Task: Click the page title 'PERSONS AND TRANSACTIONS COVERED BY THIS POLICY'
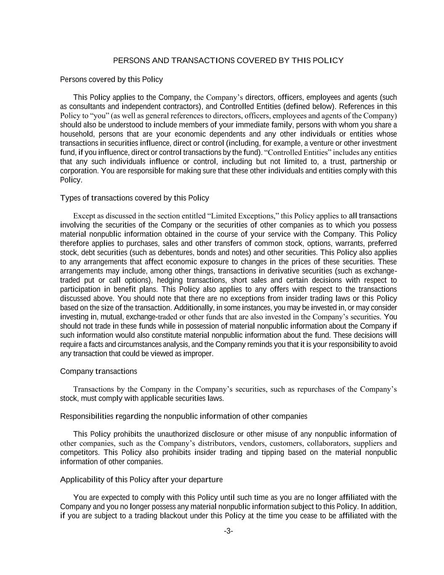tap(228, 60)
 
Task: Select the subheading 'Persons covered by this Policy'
tap(111, 79)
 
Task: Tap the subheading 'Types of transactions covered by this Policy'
tap(134, 198)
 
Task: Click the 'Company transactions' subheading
tap(98, 371)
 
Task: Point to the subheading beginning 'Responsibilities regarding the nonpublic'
tap(183, 416)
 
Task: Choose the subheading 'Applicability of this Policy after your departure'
tap(141, 479)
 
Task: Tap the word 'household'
tap(77, 134)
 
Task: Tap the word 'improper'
tap(199, 353)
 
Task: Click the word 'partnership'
tap(362, 161)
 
